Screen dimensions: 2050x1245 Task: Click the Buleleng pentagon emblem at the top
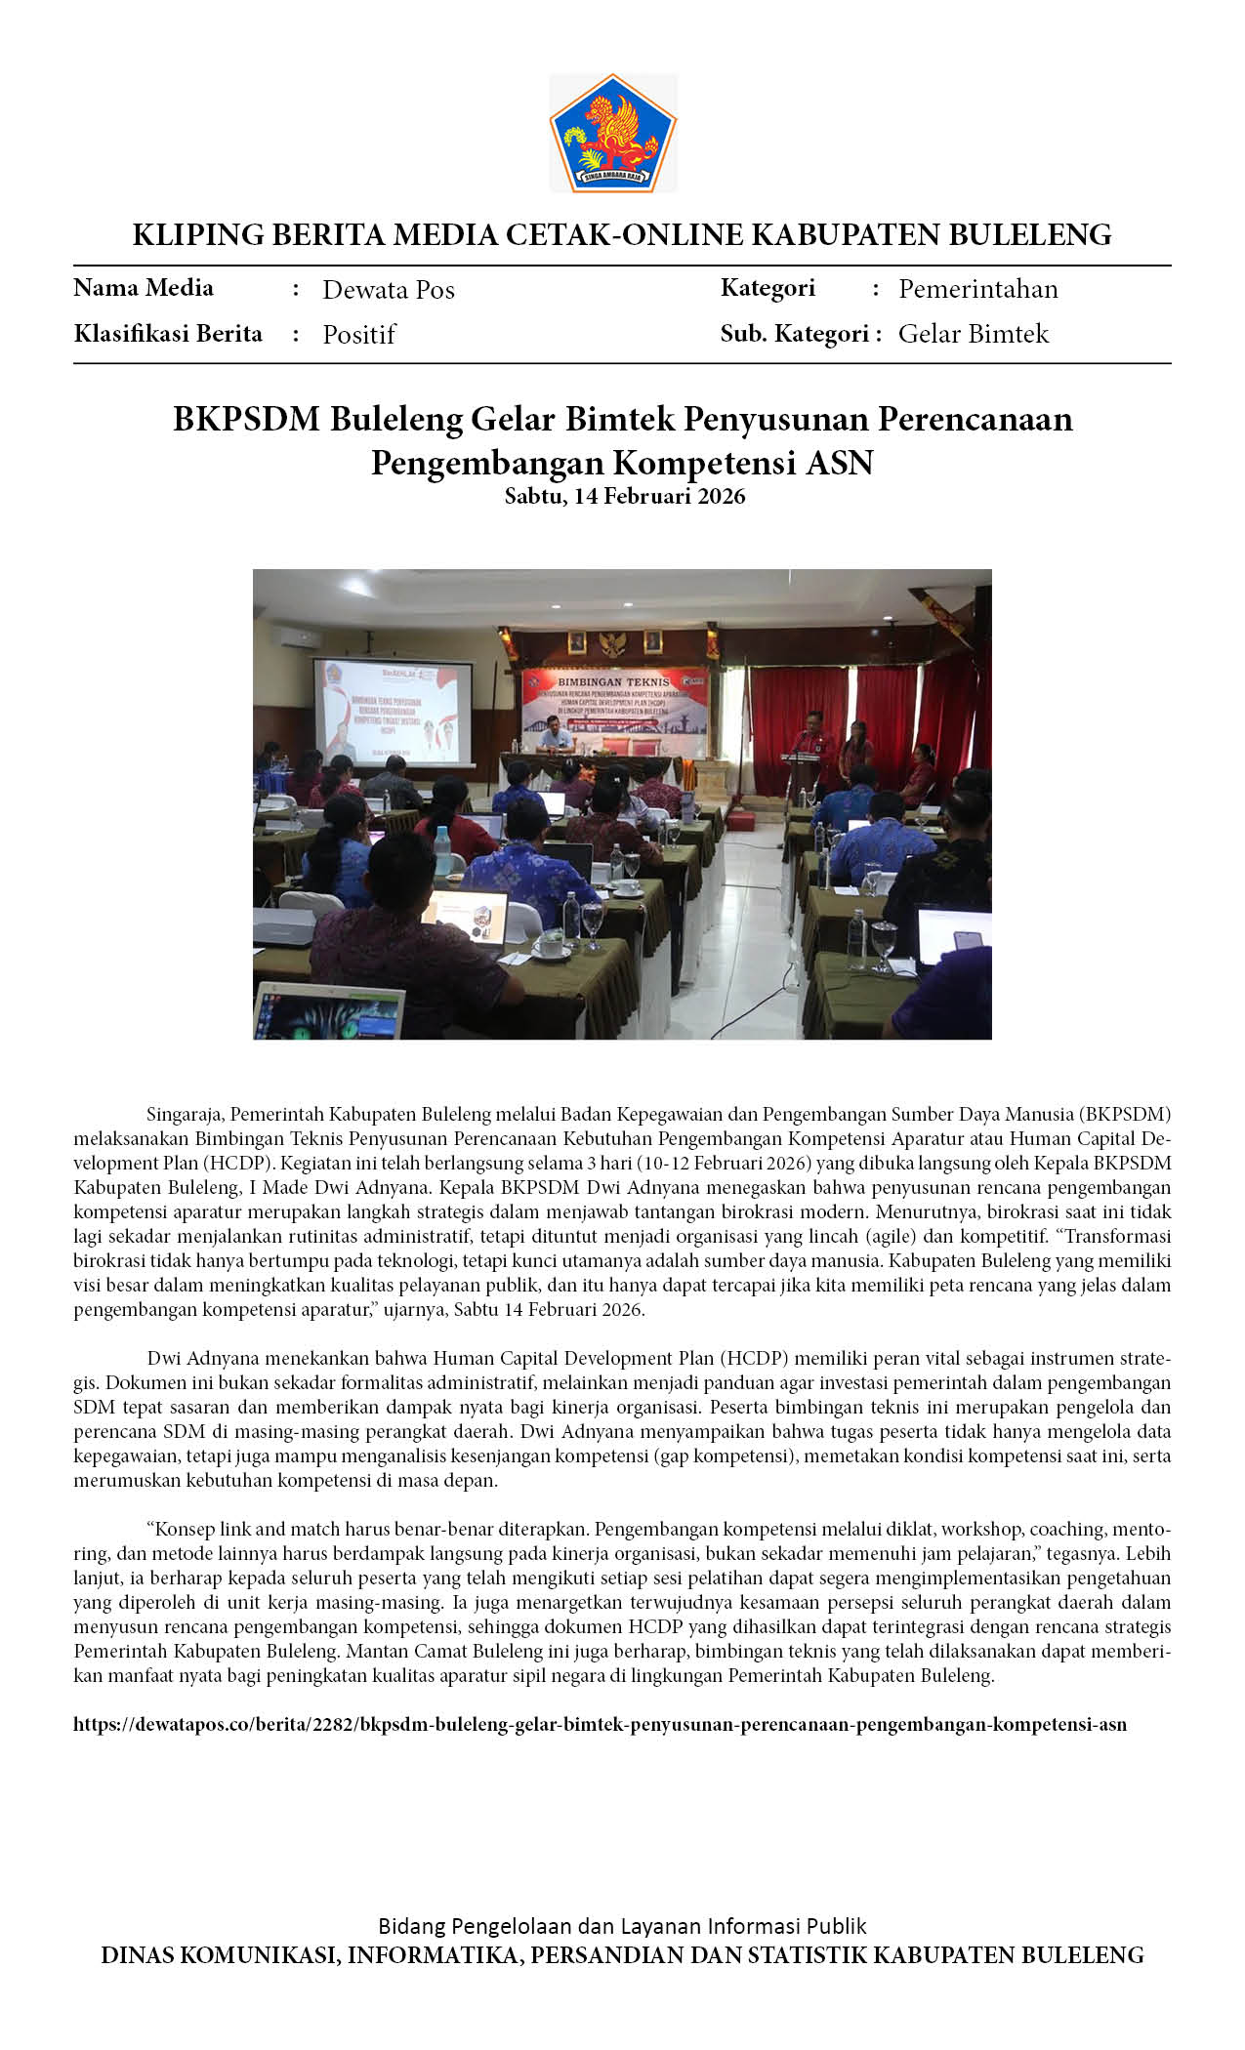point(613,133)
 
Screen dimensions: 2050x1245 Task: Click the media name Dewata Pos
point(389,290)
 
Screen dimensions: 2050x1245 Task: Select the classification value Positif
point(358,335)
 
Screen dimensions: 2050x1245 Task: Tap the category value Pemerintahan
point(977,289)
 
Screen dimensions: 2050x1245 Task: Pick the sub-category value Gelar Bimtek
point(973,334)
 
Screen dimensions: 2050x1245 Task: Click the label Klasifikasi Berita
point(168,334)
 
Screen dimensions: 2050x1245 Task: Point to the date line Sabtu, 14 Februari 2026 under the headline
point(624,496)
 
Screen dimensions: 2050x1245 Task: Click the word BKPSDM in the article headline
point(246,419)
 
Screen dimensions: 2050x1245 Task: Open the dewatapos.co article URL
point(600,1724)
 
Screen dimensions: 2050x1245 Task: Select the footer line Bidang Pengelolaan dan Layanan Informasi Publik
point(622,1926)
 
